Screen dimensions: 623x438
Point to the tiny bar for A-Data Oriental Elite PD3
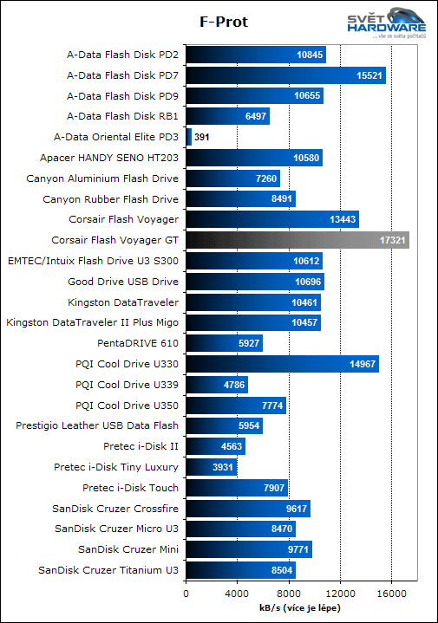point(188,137)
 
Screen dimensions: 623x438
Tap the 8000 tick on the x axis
point(288,594)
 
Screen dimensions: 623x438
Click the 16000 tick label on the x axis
point(391,594)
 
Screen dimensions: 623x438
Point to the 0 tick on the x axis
point(186,594)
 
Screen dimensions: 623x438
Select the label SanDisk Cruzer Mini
point(128,549)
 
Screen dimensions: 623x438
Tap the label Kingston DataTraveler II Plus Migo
point(92,322)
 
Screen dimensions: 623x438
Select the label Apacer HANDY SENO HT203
point(109,158)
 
